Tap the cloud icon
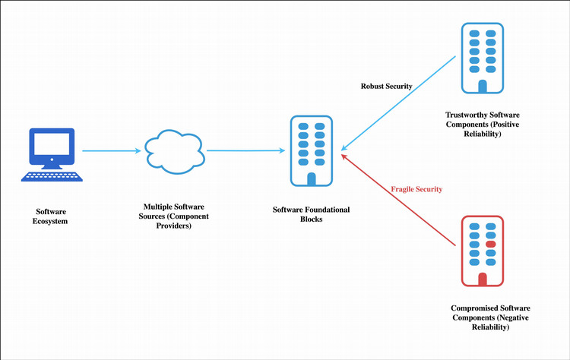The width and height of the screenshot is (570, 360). tap(175, 150)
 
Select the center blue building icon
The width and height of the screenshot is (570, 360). tap(311, 151)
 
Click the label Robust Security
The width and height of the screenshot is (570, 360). tap(386, 86)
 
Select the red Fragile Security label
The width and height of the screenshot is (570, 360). tap(416, 188)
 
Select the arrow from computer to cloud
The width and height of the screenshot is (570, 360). tap(110, 150)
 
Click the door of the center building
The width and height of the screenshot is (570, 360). tap(311, 179)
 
